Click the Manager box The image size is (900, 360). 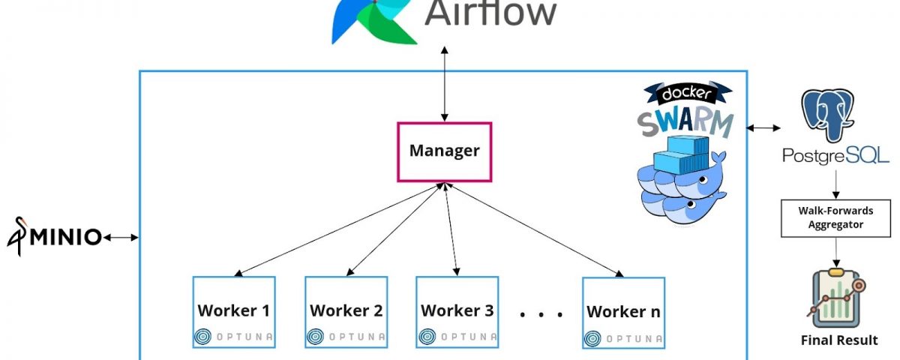coord(444,151)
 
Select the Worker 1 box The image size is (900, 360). coord(233,310)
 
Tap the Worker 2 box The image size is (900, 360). coord(346,310)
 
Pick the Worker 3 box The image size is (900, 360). coord(457,310)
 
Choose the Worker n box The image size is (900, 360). coord(623,312)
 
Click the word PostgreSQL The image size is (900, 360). coord(835,156)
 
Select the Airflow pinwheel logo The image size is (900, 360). coord(373,21)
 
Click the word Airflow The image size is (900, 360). coord(491,13)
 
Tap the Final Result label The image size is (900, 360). coord(838,340)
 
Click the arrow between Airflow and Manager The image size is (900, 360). coord(445,82)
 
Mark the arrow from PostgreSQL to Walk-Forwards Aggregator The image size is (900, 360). coord(835,183)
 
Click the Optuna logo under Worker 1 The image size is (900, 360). coord(233,337)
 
